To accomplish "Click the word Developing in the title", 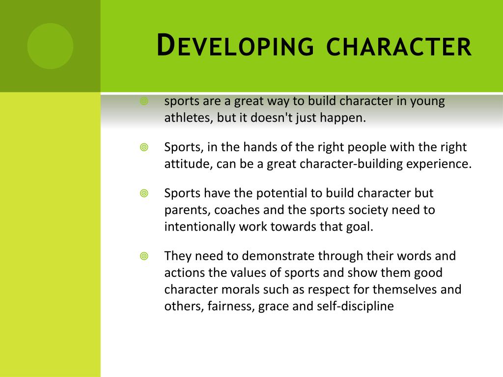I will (x=234, y=47).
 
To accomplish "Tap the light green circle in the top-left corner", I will (x=50, y=46).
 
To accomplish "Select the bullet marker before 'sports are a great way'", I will (x=144, y=102).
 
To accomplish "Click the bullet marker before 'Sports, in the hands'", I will (x=144, y=147).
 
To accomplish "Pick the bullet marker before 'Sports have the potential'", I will (x=144, y=193).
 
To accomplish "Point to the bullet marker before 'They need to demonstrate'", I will (x=144, y=256).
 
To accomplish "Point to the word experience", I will (x=438, y=164).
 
